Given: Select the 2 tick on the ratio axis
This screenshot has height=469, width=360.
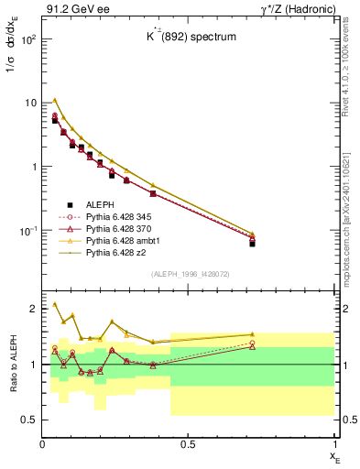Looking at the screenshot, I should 34,309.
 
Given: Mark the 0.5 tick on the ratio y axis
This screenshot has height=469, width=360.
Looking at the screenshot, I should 30,420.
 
